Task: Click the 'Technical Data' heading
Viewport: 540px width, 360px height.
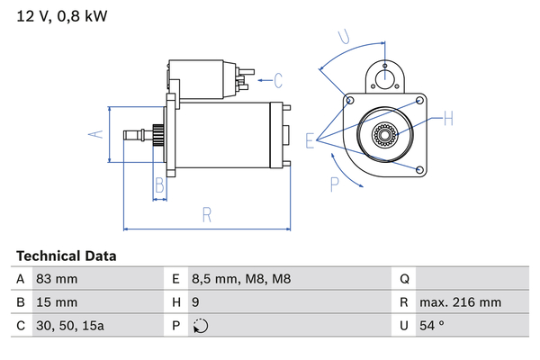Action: point(66,256)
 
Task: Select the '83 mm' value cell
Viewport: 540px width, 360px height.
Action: point(56,279)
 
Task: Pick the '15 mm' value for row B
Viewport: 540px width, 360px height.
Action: point(56,302)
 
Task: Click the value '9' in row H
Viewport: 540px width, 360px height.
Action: point(195,302)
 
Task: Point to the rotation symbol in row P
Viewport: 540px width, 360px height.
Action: point(200,326)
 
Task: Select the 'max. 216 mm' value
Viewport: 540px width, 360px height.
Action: point(460,302)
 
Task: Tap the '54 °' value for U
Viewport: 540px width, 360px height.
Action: point(433,326)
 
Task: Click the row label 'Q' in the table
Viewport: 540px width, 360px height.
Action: point(404,279)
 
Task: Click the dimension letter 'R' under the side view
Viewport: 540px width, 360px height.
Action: point(206,214)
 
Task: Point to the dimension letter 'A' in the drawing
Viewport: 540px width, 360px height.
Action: point(97,134)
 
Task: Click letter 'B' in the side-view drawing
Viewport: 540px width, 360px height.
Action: point(158,186)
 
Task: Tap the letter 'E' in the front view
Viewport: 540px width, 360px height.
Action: point(310,139)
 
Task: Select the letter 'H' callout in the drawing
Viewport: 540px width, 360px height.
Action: point(447,118)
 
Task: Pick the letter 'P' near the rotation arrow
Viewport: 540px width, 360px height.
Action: point(333,185)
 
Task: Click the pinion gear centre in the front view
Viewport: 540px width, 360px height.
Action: point(387,137)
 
